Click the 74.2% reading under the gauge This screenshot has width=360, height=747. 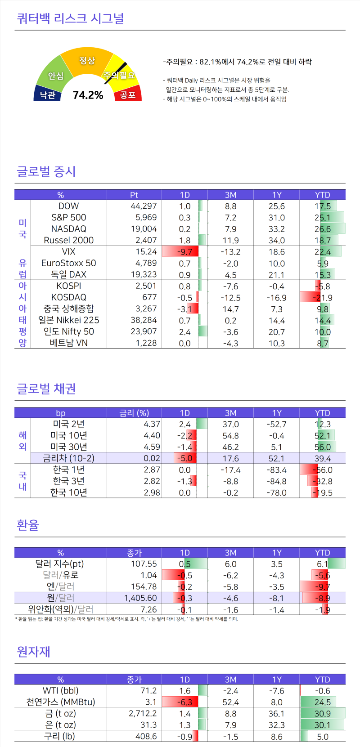pyautogui.click(x=88, y=95)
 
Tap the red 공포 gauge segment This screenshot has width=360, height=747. pyautogui.click(x=128, y=94)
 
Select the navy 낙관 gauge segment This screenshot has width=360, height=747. pyautogui.click(x=47, y=94)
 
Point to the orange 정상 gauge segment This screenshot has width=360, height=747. pyautogui.click(x=87, y=60)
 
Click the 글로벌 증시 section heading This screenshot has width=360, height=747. pyautogui.click(x=46, y=171)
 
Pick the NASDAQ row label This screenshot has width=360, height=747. pyautogui.click(x=68, y=229)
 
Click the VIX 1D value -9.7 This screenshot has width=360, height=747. pyautogui.click(x=184, y=252)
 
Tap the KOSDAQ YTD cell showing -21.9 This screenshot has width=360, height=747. pyautogui.click(x=322, y=298)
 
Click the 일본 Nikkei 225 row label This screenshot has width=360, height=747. pyautogui.click(x=68, y=320)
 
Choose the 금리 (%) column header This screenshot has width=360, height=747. pyautogui.click(x=134, y=413)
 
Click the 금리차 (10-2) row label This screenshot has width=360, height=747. pyautogui.click(x=68, y=458)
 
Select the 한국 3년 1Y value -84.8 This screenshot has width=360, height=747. pyautogui.click(x=276, y=481)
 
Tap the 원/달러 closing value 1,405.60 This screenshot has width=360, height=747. pyautogui.click(x=140, y=598)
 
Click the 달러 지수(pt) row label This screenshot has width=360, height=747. pyautogui.click(x=59, y=564)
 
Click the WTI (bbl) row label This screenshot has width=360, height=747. pyautogui.click(x=60, y=691)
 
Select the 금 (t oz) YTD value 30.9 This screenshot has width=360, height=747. pyautogui.click(x=322, y=714)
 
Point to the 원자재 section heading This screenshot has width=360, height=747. pyautogui.click(x=33, y=652)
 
